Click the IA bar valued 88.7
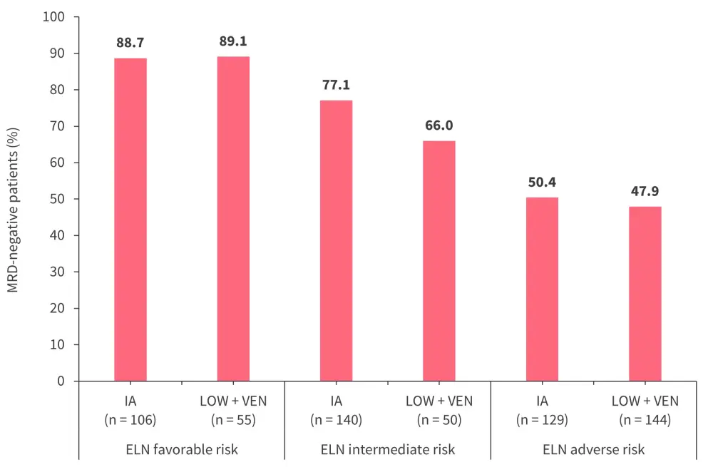[130, 220]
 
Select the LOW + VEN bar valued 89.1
[233, 219]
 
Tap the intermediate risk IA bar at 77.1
[336, 240]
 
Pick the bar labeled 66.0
[439, 261]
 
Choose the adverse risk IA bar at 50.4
[542, 289]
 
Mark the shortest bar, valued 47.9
[645, 294]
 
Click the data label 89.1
[233, 41]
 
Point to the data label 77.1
[336, 85]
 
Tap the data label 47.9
[645, 192]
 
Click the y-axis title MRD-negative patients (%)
[14, 210]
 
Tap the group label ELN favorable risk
[182, 450]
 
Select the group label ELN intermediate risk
[387, 450]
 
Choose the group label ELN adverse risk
[593, 450]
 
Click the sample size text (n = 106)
[130, 420]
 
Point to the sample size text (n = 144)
[645, 420]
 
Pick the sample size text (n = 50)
[439, 420]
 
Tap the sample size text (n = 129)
[542, 420]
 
